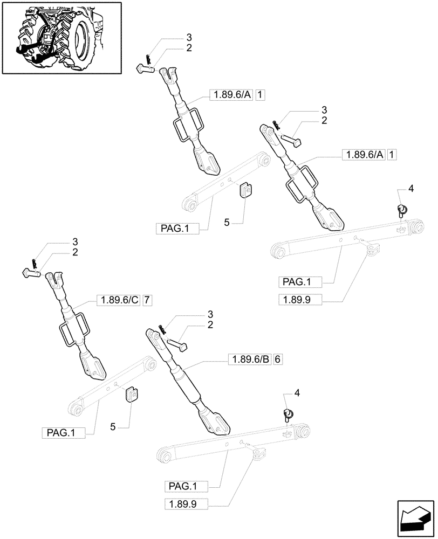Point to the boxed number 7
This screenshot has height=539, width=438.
[148, 300]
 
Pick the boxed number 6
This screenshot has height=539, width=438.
[278, 359]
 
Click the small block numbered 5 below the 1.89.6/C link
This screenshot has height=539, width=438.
[130, 396]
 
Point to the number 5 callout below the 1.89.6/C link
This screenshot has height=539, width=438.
[113, 427]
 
